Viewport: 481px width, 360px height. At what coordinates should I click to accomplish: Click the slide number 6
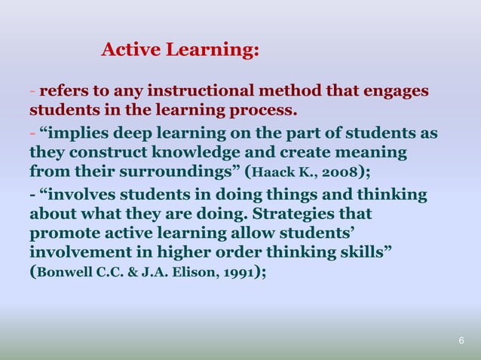461,341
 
